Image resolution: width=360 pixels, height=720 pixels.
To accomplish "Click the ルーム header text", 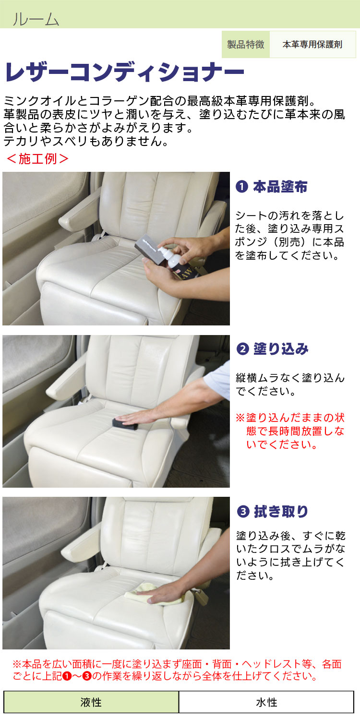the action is pyautogui.click(x=36, y=19).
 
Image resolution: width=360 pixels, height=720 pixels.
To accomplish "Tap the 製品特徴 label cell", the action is pyautogui.click(x=246, y=44).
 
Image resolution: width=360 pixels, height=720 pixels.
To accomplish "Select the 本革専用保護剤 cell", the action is pyautogui.click(x=312, y=44).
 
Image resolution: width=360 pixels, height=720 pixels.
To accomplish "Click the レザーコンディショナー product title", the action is pyautogui.click(x=124, y=72).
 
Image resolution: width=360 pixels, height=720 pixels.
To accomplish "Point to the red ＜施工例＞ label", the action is pyautogui.click(x=37, y=158).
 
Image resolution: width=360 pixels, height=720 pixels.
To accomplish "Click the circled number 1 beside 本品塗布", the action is pyautogui.click(x=242, y=187).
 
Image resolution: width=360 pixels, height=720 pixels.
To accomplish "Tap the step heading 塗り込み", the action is pyautogui.click(x=281, y=349).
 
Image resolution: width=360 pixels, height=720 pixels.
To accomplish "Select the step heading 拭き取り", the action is pyautogui.click(x=281, y=511).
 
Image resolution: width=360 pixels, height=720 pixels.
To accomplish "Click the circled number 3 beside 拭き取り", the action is pyautogui.click(x=243, y=511).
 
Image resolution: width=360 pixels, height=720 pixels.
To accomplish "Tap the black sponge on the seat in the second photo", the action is pyautogui.click(x=125, y=423).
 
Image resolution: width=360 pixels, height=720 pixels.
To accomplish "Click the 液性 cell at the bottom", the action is pyautogui.click(x=91, y=702).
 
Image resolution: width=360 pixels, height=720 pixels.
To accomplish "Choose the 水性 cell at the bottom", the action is pyautogui.click(x=266, y=702).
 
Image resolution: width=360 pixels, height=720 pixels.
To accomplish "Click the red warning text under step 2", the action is pyautogui.click(x=290, y=431).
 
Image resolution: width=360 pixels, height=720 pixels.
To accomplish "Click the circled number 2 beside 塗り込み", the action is pyautogui.click(x=243, y=349).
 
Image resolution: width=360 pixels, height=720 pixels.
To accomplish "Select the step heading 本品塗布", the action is pyautogui.click(x=280, y=187).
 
